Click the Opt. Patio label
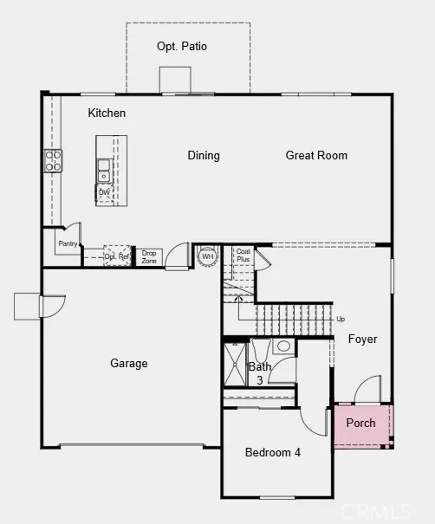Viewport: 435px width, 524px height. coord(182,46)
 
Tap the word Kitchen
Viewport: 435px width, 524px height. coord(107,113)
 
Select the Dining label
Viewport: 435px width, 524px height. coord(204,156)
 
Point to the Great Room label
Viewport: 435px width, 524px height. coord(316,156)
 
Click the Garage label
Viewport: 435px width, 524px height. coord(128,364)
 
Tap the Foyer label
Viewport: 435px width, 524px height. coord(362,340)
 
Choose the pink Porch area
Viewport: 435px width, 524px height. coord(361,424)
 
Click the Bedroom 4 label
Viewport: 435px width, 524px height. coord(273,453)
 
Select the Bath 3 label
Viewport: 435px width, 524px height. coord(260,373)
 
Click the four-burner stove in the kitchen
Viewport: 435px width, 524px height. coord(54,159)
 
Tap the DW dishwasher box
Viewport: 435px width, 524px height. coord(104,193)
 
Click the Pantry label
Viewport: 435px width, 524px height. coord(68,244)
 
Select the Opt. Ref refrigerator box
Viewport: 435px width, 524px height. coord(117,256)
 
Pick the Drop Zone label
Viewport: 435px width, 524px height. coord(149,256)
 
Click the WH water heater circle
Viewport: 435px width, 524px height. coord(207,256)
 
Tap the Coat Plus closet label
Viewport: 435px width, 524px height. coord(243,256)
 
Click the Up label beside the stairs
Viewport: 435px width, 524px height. coord(340,319)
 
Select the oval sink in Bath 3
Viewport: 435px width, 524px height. coord(283,346)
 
